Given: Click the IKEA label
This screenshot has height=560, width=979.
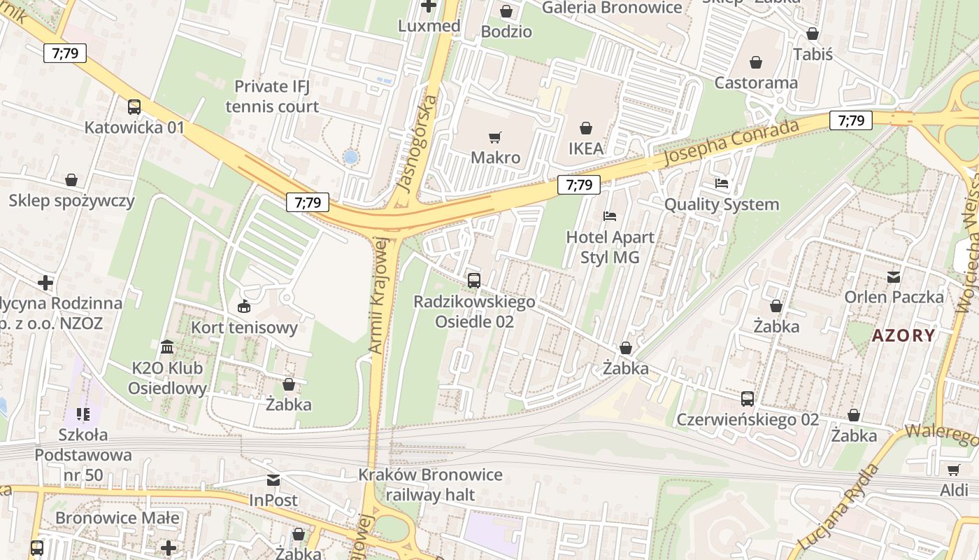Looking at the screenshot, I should (585, 148).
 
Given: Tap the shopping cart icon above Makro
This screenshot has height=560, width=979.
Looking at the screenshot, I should (495, 137).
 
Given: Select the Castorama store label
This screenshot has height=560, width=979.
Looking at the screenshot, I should (755, 83).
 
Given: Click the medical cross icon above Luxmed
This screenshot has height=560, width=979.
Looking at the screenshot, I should (429, 6).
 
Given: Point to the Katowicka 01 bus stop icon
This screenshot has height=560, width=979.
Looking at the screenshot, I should (134, 107).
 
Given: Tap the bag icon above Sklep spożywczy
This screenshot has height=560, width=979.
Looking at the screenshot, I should (71, 181).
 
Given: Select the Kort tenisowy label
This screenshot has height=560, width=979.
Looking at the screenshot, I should (244, 327).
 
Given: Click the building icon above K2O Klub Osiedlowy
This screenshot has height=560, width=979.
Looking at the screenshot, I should (167, 346).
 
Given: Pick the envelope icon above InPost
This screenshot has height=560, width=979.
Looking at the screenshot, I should (273, 480).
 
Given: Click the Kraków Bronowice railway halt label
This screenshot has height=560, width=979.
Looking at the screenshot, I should (430, 485).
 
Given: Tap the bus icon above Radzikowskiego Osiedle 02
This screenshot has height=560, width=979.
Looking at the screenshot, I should (474, 281).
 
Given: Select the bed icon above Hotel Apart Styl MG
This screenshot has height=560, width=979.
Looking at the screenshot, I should (610, 216).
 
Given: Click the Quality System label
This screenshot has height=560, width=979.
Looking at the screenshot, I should (721, 204).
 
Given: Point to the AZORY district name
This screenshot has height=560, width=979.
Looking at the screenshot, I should (903, 335).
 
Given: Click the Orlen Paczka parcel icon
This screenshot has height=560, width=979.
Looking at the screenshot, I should (894, 276).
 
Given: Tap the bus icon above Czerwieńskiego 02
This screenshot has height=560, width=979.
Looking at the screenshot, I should (748, 399).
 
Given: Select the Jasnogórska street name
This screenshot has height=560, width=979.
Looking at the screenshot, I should (417, 143).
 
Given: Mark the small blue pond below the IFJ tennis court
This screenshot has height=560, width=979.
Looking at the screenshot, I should (350, 157).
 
